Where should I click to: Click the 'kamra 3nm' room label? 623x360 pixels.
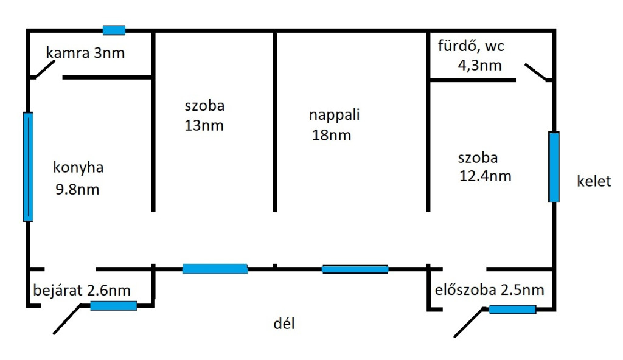pos(85,53)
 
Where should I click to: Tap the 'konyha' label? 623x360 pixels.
pos(78,168)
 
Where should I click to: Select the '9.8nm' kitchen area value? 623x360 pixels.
pos(77,190)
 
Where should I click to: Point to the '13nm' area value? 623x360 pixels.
pos(204,126)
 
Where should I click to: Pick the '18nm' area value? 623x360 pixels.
pos(332,135)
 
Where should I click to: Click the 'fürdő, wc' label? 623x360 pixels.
pos(472,46)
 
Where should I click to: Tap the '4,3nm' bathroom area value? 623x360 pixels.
pos(480,65)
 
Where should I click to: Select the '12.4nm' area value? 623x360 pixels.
pos(485,176)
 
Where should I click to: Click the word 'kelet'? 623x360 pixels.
pos(594,181)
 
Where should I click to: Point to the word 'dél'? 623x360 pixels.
pos(284,323)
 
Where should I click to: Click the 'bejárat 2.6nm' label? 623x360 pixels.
pos(82,290)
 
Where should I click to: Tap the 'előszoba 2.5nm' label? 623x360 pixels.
pos(490,290)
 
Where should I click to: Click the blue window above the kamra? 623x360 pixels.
pos(114,30)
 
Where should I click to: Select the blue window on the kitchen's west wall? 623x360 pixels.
pos(28,167)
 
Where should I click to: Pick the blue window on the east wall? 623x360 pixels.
pos(554,167)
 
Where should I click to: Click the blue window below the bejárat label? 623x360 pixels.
pos(114,306)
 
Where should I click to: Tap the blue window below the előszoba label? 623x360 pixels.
pos(512,310)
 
